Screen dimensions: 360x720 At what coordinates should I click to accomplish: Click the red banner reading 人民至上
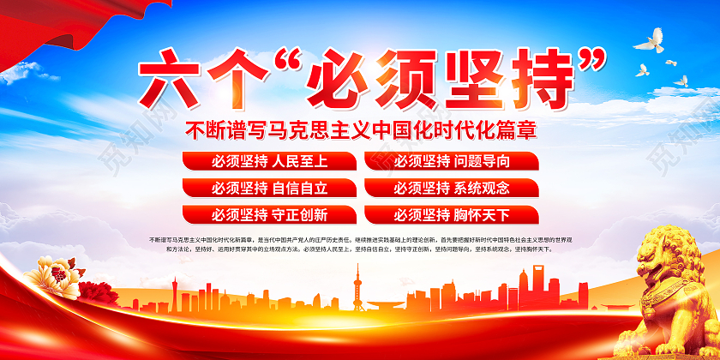click(x=267, y=161)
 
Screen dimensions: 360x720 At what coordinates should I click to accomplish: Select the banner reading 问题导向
click(x=452, y=161)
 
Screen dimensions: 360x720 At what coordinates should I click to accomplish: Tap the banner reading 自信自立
click(x=267, y=188)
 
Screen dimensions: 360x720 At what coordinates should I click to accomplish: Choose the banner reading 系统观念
click(x=452, y=188)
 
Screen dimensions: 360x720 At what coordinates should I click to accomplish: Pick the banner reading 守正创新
click(x=267, y=214)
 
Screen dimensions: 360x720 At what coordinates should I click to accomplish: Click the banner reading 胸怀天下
click(x=452, y=214)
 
